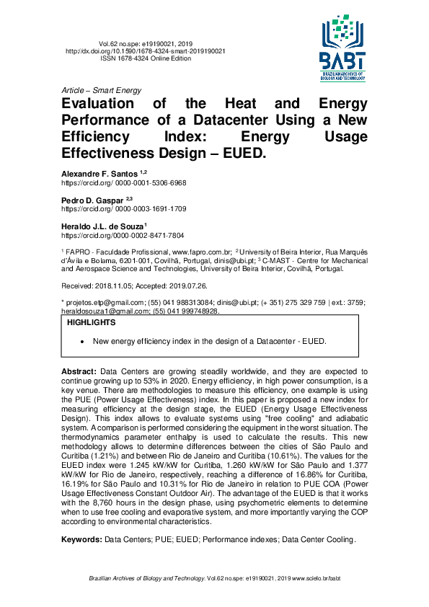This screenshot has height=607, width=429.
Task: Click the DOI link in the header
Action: [145, 51]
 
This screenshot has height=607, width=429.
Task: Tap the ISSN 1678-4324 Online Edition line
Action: [146, 58]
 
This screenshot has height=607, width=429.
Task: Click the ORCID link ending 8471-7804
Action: [122, 235]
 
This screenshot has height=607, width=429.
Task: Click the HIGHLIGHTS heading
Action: [91, 323]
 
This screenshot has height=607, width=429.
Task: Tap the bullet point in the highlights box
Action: [84, 340]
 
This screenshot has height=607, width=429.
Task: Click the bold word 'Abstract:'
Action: [79, 369]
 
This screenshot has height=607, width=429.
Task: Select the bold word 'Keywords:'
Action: [81, 539]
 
